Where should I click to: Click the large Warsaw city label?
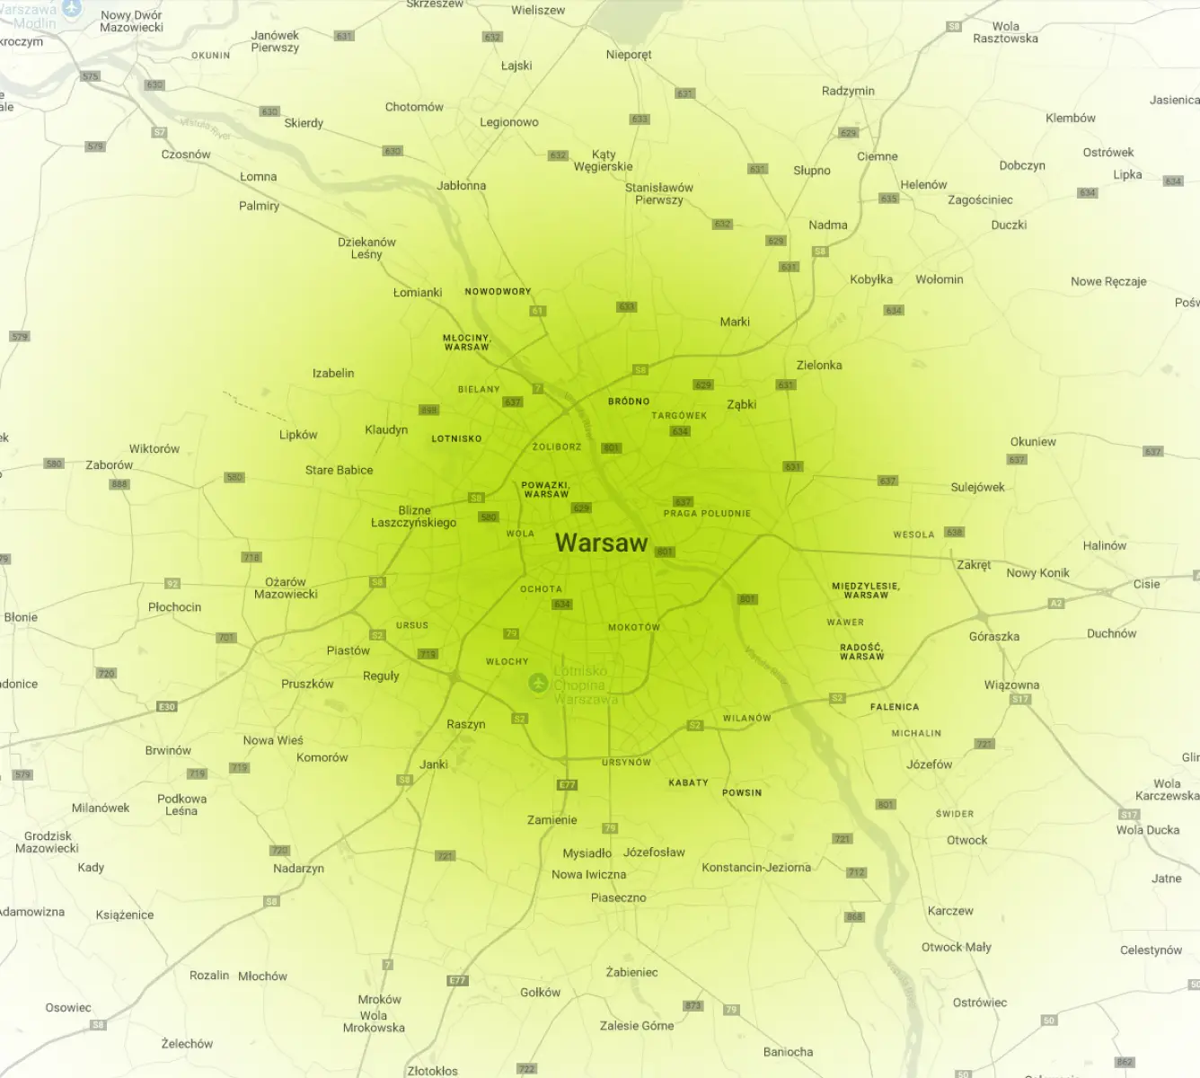[x=601, y=543]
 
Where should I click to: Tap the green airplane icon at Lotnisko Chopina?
[x=538, y=683]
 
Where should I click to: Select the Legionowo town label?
[x=508, y=122]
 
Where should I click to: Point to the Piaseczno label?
[x=618, y=897]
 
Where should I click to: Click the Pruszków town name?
[x=307, y=684]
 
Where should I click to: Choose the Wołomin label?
[x=939, y=279]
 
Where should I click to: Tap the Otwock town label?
[x=966, y=840]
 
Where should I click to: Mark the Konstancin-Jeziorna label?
[x=755, y=867]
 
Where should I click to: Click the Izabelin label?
[x=333, y=373]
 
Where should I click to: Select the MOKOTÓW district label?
[x=633, y=627]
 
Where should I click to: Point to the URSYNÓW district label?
[x=626, y=762]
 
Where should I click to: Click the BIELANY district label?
[x=478, y=389]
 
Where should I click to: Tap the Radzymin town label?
[x=847, y=91]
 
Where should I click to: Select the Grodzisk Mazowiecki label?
[x=47, y=842]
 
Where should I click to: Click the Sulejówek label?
[x=977, y=487]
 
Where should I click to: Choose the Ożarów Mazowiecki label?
[x=286, y=588]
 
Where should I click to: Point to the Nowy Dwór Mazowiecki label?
[x=131, y=21]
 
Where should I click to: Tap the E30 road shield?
[x=167, y=707]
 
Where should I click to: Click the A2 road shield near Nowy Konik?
[x=1056, y=603]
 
